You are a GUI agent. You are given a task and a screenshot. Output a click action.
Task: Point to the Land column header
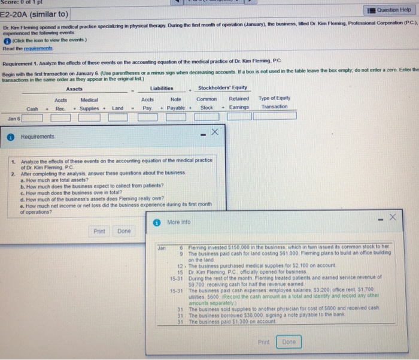pos(117,108)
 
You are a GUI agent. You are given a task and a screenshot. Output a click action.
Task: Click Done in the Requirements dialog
pos(124,231)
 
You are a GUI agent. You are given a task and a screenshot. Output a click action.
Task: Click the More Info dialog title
pos(178,221)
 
